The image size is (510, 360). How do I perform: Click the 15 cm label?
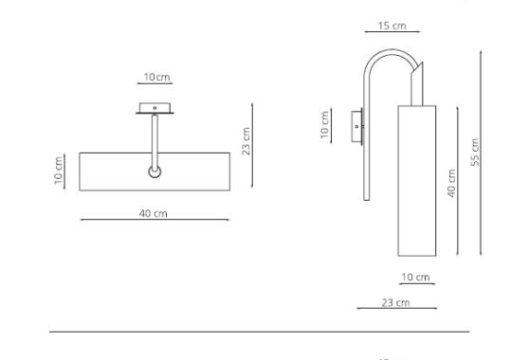click(392, 26)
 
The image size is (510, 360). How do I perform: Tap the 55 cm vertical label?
click(476, 152)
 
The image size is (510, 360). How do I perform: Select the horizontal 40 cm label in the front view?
click(153, 213)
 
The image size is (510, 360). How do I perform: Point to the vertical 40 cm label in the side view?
click(452, 183)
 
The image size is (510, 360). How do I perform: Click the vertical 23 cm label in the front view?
click(246, 142)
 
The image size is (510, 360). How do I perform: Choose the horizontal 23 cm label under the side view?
click(397, 301)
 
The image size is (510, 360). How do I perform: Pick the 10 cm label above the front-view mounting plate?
click(156, 76)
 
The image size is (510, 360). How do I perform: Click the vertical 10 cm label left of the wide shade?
click(58, 170)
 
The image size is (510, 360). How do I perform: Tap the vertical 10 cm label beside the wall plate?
click(325, 125)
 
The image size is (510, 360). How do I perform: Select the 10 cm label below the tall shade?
click(415, 277)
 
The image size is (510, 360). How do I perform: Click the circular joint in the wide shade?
click(154, 171)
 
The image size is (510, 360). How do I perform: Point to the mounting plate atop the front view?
click(154, 107)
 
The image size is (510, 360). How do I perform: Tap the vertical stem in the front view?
click(154, 137)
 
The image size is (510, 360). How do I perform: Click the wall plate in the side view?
click(356, 125)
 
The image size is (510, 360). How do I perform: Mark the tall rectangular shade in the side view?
click(414, 180)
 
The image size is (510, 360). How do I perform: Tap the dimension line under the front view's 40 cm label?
click(154, 221)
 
